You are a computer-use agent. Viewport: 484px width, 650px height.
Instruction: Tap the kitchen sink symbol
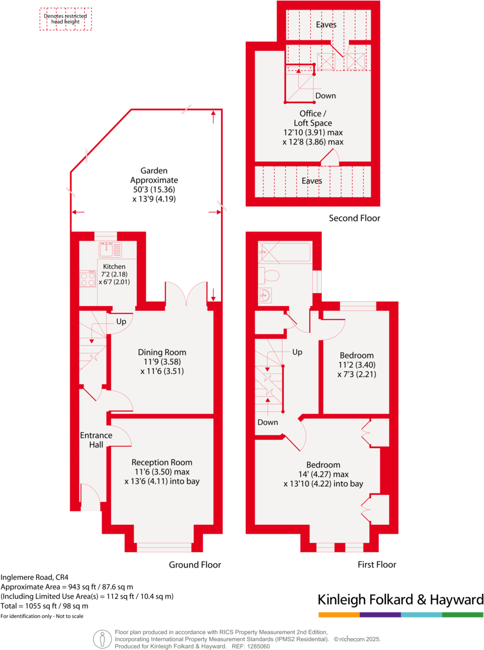point(108,249)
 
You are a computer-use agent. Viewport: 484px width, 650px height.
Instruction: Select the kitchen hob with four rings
point(87,279)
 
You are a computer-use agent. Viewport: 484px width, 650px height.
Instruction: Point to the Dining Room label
point(162,352)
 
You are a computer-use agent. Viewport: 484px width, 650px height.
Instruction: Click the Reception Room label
point(162,462)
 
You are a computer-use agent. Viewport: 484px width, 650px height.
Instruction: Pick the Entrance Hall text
point(96,440)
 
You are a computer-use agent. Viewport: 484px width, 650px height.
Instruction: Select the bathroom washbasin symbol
point(266,295)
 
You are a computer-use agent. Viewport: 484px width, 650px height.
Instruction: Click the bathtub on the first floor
point(284,252)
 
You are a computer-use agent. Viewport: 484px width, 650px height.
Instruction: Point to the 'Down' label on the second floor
point(325,96)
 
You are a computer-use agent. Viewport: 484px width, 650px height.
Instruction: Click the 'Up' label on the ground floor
point(121,322)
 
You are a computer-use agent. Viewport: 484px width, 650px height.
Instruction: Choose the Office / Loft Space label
point(313,118)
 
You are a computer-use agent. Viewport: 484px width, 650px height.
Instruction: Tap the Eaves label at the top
point(326,25)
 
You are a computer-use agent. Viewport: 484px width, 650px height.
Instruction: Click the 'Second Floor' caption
point(354,218)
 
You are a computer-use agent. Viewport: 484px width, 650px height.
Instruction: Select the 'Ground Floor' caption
point(195,565)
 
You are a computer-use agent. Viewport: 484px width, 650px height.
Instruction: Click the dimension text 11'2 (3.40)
point(357,365)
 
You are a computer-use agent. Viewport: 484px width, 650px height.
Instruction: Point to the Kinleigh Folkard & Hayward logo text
point(400,600)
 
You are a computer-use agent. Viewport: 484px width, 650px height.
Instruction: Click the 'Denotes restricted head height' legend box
point(66,20)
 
